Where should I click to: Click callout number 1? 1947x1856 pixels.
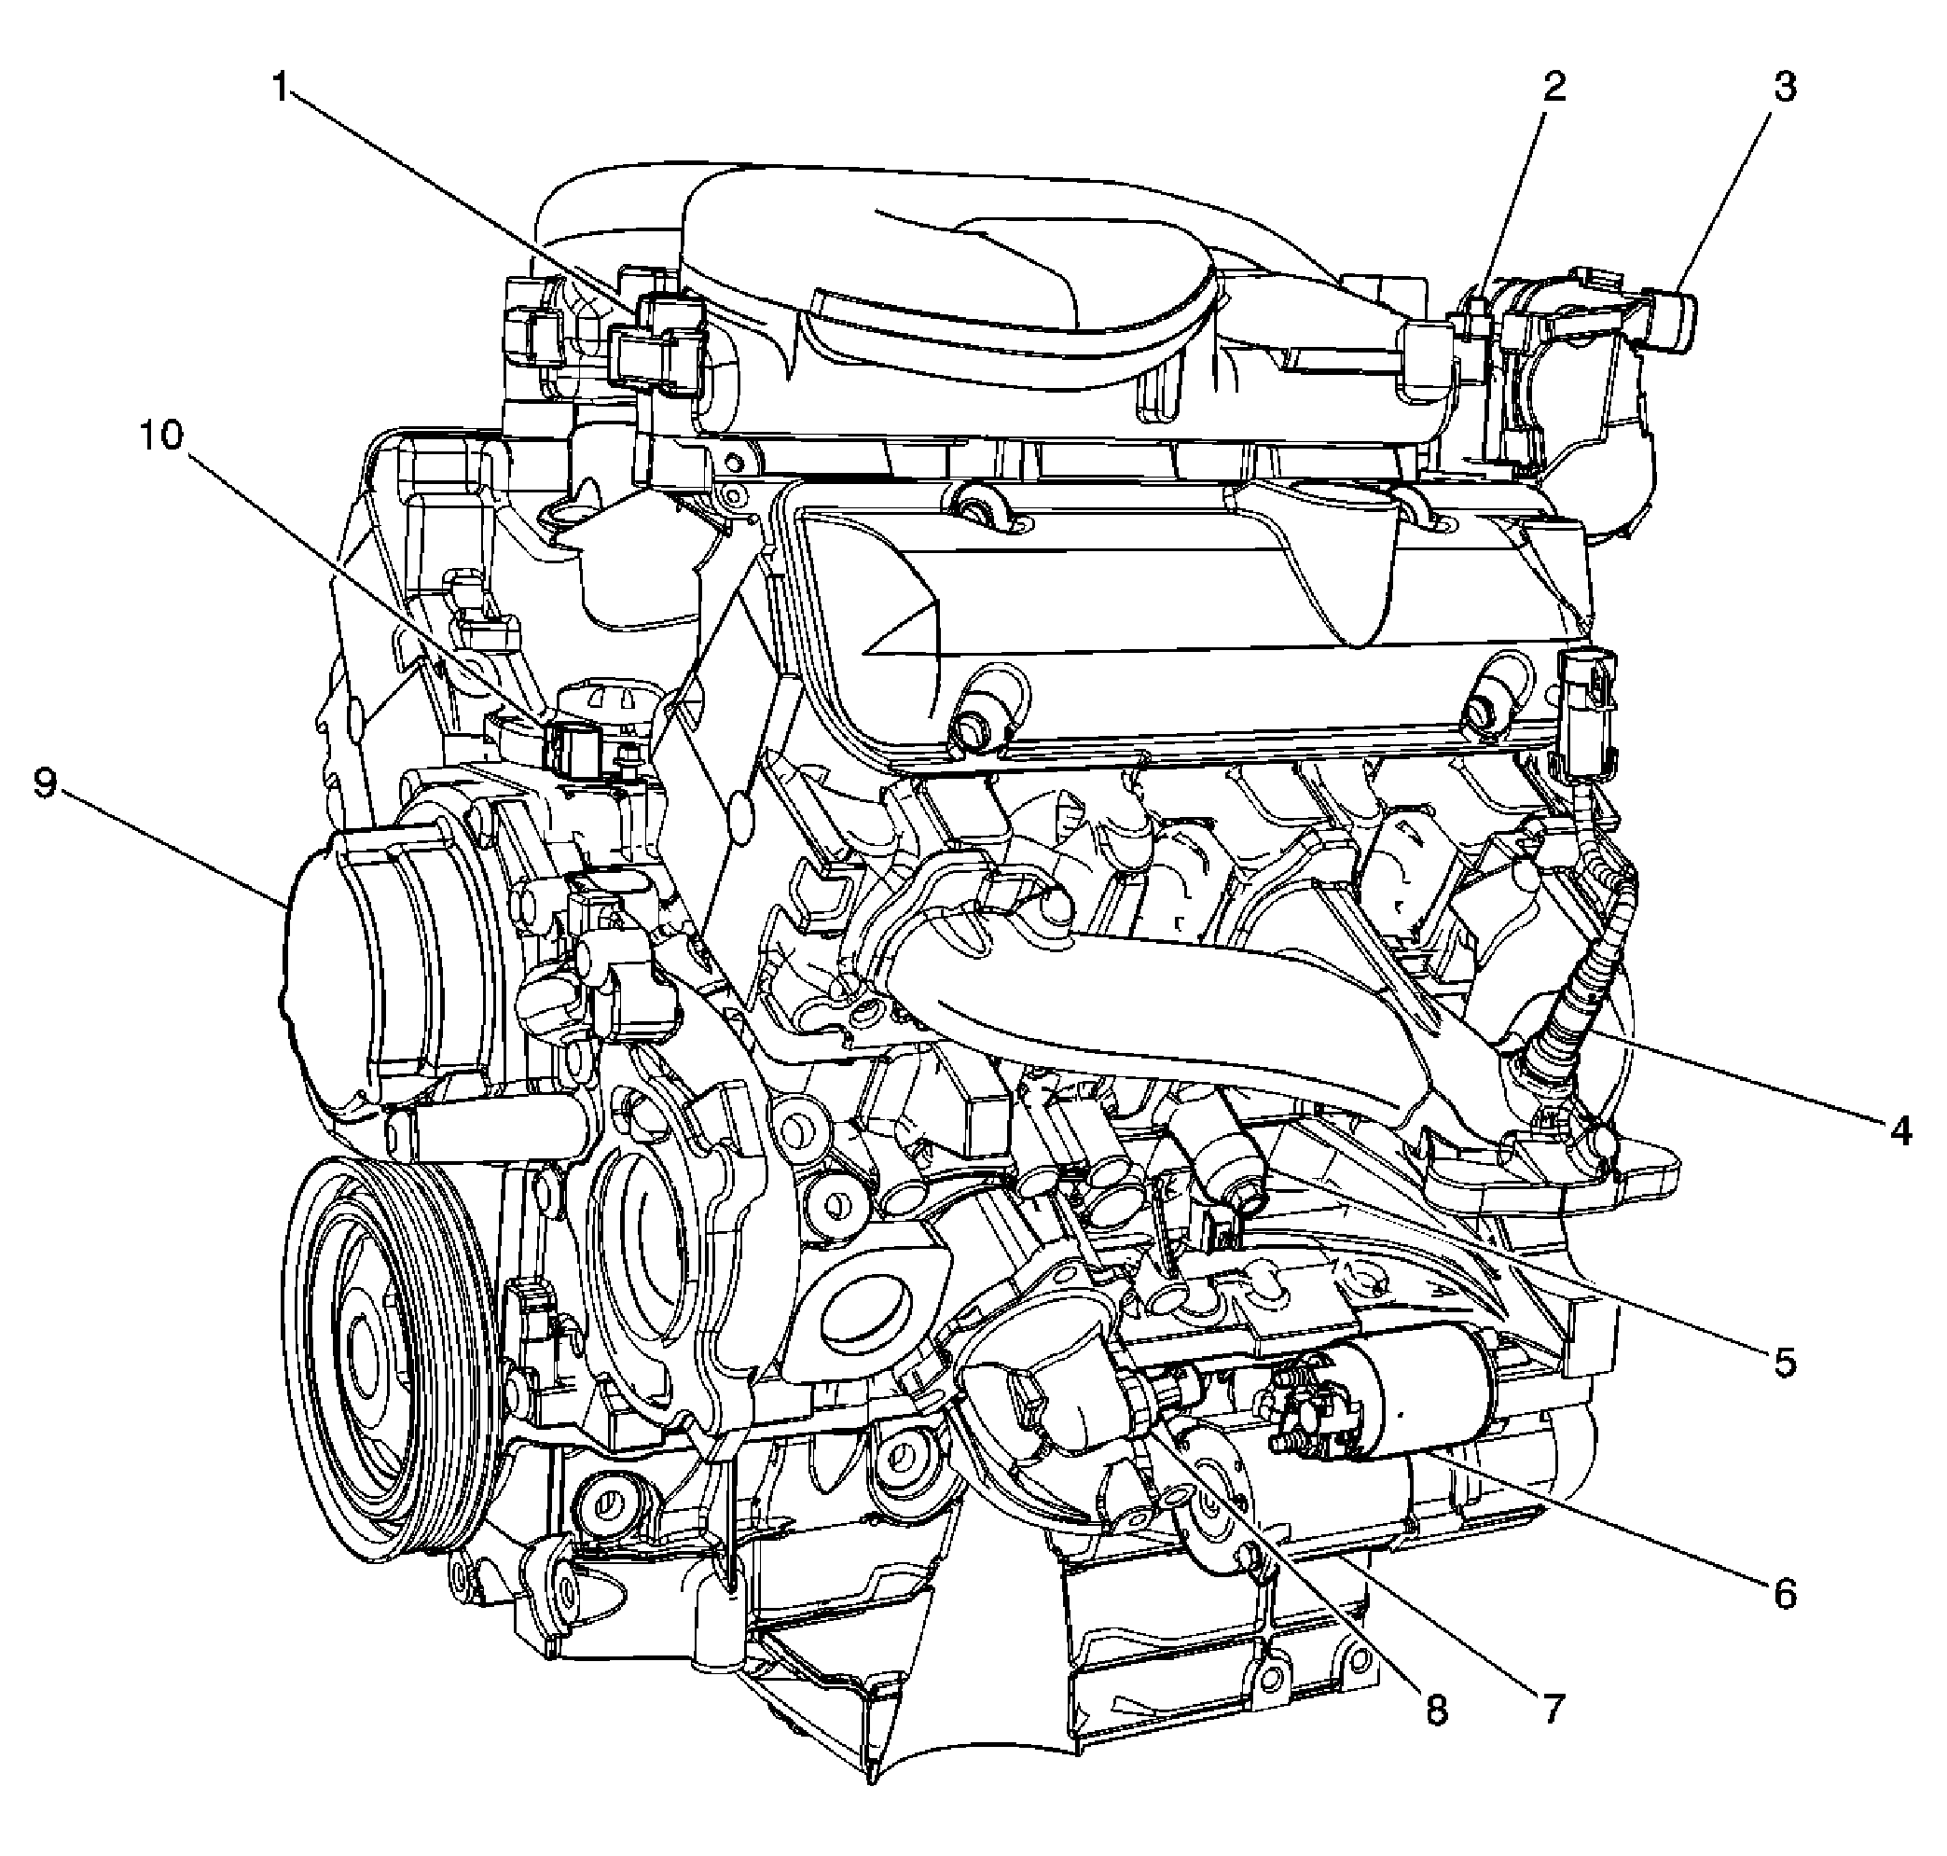tap(281, 89)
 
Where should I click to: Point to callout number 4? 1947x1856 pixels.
tap(1899, 1129)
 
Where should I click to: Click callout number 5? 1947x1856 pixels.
tap(1783, 1364)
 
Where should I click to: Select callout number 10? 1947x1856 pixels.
tap(161, 435)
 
